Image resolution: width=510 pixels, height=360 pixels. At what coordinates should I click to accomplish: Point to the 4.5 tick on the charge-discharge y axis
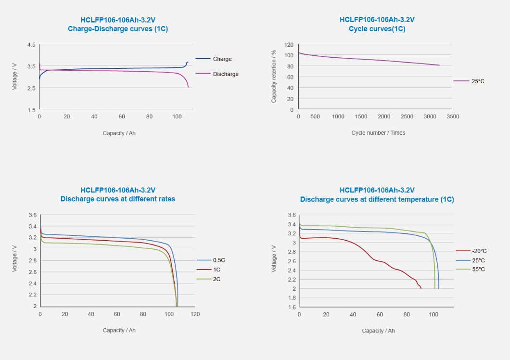[x=31, y=45]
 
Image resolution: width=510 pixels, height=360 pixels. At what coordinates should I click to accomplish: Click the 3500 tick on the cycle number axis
[x=452, y=117]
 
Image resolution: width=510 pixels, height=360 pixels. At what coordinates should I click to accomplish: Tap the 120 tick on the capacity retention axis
[x=289, y=45]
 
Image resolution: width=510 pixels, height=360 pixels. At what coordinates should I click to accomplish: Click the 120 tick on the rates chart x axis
[x=195, y=314]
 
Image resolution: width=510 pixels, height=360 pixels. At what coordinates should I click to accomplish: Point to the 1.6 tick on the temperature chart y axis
[x=292, y=307]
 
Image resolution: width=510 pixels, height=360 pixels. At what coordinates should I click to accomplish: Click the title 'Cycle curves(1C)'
[x=377, y=29]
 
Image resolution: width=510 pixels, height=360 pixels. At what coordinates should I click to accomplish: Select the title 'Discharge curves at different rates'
[x=118, y=199]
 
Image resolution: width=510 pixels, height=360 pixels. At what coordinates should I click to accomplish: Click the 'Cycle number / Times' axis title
[x=378, y=133]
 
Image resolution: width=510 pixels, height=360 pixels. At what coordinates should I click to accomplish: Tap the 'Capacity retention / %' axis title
[x=274, y=77]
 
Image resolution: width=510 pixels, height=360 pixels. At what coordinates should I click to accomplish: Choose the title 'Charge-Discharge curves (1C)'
[x=118, y=29]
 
